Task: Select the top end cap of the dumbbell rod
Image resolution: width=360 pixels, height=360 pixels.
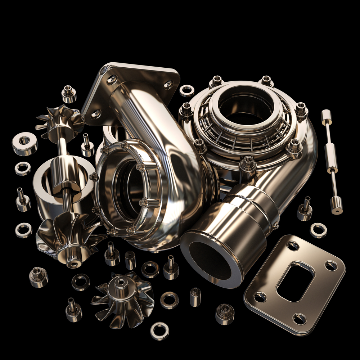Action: pos(326,117)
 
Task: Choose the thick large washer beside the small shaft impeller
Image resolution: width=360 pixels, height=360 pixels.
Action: pos(25,143)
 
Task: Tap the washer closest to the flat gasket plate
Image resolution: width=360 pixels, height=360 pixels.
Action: pos(318,230)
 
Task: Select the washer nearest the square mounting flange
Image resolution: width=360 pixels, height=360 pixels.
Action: pos(187,91)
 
